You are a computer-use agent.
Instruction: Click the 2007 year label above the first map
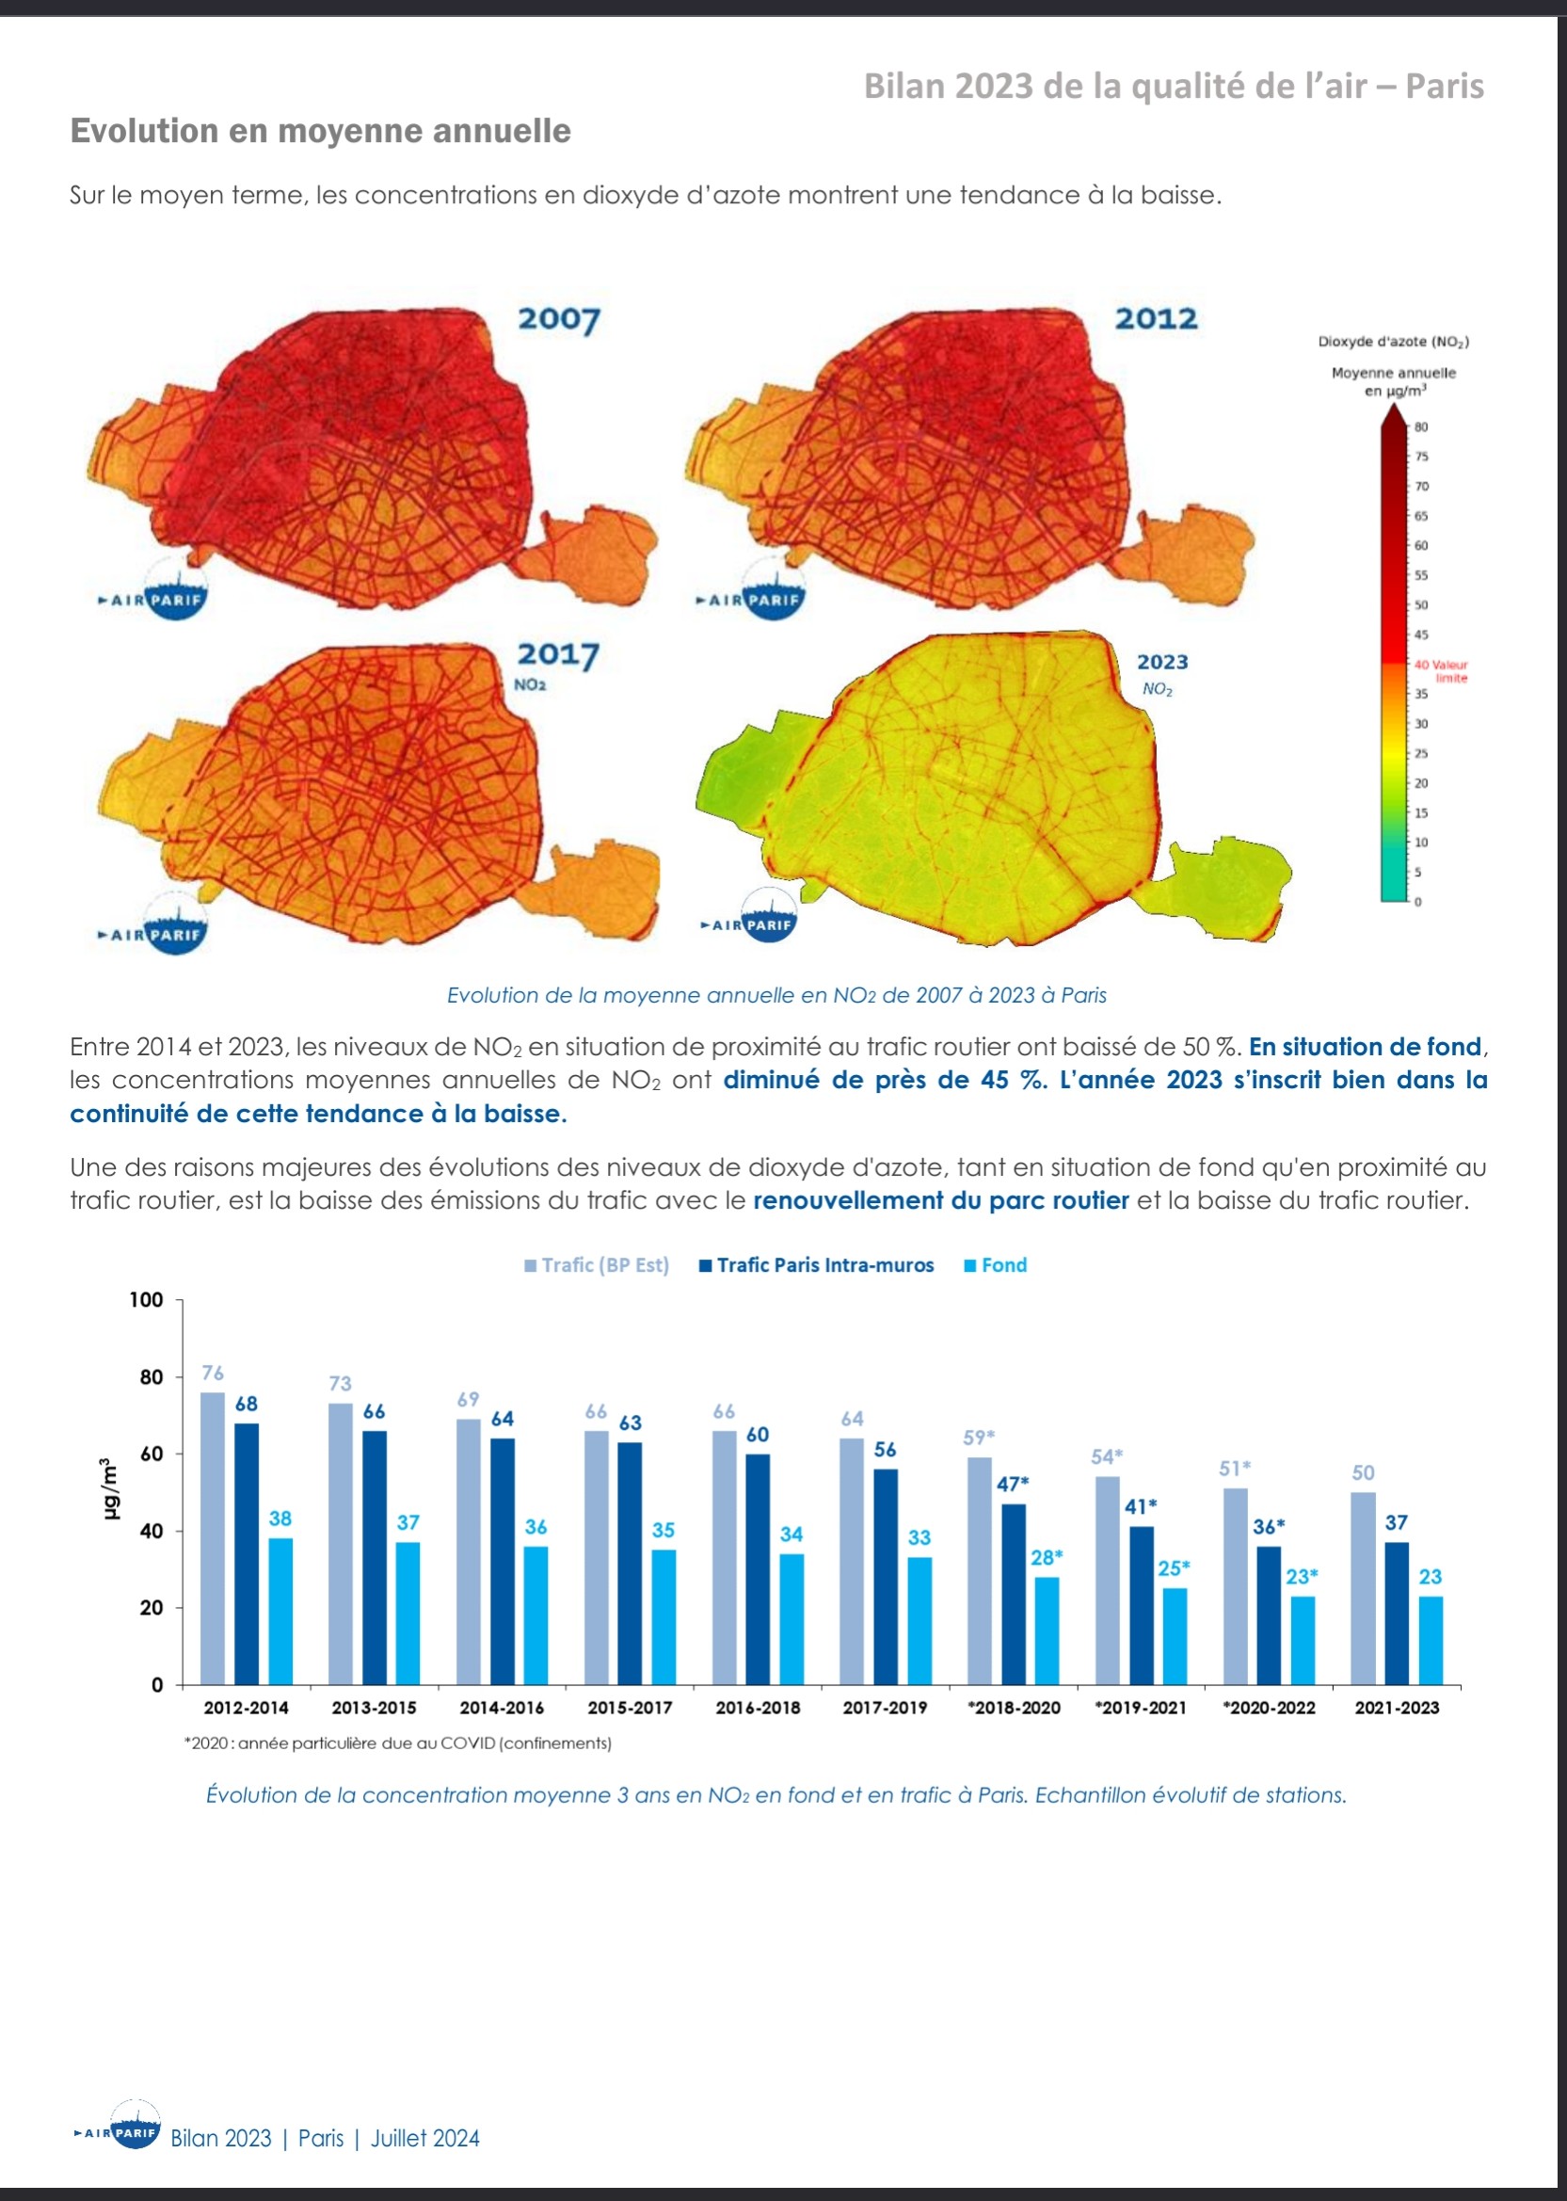pyautogui.click(x=560, y=319)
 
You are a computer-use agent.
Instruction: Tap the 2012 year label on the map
pyautogui.click(x=1156, y=318)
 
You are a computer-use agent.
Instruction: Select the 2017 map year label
pyautogui.click(x=559, y=654)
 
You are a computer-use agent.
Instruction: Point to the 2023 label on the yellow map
pyautogui.click(x=1161, y=662)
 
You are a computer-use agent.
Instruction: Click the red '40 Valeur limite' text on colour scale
pyautogui.click(x=1441, y=670)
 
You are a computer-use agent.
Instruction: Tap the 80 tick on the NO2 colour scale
pyautogui.click(x=1421, y=426)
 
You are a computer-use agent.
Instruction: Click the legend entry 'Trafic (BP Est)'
pyautogui.click(x=597, y=1265)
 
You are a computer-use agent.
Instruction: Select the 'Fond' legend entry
pyautogui.click(x=995, y=1265)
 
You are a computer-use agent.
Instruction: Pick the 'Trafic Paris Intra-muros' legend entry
pyautogui.click(x=816, y=1265)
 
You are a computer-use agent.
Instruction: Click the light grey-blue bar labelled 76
pyautogui.click(x=213, y=1538)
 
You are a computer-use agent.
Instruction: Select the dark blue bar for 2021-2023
pyautogui.click(x=1397, y=1614)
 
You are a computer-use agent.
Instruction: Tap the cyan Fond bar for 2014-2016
pyautogui.click(x=536, y=1615)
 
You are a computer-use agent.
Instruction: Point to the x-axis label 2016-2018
pyautogui.click(x=758, y=1707)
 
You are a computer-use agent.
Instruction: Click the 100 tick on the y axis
pyautogui.click(x=147, y=1300)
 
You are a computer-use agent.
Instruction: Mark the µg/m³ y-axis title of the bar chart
pyautogui.click(x=110, y=1488)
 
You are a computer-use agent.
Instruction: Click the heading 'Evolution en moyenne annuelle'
pyautogui.click(x=320, y=130)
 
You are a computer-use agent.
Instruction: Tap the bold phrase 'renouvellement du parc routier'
pyautogui.click(x=941, y=1200)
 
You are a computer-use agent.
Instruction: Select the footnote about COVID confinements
pyautogui.click(x=397, y=1743)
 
